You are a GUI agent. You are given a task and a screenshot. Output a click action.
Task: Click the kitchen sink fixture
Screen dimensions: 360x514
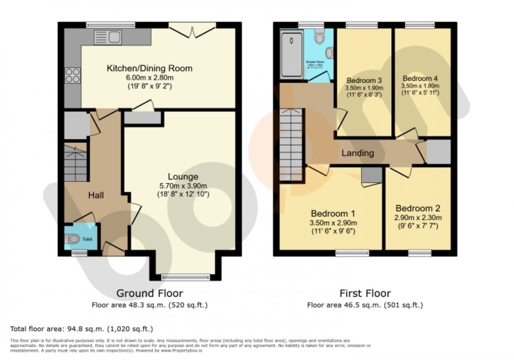click(108, 36)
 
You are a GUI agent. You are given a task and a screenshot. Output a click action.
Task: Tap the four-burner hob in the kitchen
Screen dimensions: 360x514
click(72, 76)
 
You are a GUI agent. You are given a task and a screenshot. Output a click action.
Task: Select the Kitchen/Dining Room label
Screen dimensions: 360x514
click(149, 68)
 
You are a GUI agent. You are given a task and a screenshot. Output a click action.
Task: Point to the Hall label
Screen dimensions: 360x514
click(95, 195)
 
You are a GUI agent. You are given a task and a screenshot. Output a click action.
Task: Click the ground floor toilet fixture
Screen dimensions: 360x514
click(74, 239)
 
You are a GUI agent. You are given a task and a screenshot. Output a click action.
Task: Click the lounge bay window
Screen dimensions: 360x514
click(186, 276)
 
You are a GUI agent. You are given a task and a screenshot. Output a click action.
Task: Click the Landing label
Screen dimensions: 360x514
click(358, 153)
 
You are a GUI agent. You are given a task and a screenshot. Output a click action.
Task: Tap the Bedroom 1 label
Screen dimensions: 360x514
click(333, 214)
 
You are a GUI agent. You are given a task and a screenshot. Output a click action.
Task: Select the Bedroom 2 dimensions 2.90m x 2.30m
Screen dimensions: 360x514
click(418, 218)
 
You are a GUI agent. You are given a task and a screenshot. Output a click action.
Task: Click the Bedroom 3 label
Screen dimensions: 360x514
click(363, 80)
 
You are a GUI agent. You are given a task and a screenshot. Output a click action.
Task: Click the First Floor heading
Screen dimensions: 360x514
click(365, 293)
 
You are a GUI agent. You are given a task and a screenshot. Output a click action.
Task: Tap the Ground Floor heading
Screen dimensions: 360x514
click(149, 293)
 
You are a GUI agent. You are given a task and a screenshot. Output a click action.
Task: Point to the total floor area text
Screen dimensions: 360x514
click(82, 329)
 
